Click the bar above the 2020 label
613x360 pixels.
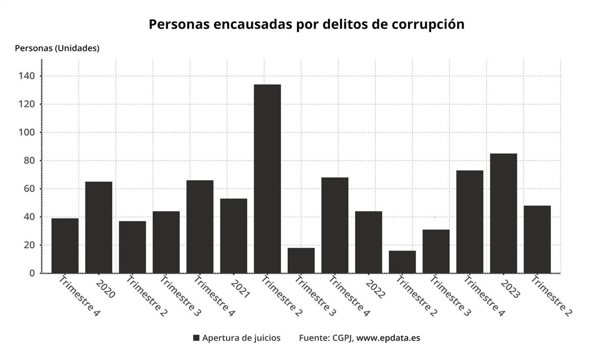(x=99, y=227)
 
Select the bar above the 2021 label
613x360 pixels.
(x=233, y=235)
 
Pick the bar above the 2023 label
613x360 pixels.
(x=503, y=213)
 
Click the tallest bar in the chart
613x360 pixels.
(x=267, y=179)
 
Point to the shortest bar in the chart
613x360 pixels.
(x=402, y=262)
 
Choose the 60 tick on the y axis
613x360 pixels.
(x=29, y=189)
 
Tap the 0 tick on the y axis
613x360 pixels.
(x=32, y=273)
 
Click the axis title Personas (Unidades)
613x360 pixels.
(x=57, y=49)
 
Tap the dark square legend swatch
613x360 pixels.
(x=196, y=338)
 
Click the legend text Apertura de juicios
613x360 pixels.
(x=241, y=338)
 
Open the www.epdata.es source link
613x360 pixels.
(x=388, y=338)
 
